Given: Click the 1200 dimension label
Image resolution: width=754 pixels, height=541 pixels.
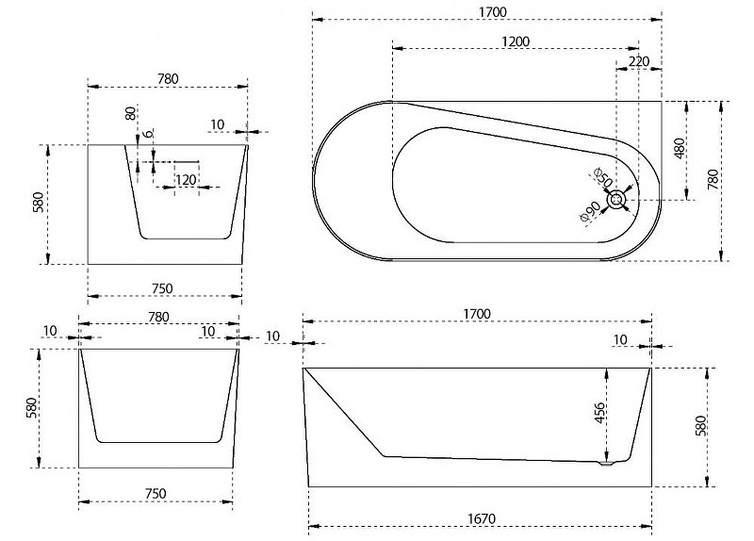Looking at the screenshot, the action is (x=515, y=41).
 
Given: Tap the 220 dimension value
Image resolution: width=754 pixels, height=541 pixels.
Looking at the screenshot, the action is (x=639, y=61).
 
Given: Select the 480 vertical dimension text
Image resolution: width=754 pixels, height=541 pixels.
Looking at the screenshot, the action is (x=679, y=149).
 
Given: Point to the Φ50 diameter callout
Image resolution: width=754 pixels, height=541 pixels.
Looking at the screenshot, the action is (x=603, y=177).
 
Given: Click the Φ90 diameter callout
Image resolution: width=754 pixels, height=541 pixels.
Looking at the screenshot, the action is (x=591, y=211).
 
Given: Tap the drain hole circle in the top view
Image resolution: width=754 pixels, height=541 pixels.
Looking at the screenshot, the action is (x=616, y=200).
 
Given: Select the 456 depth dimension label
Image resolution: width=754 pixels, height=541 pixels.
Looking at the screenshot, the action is (x=599, y=413).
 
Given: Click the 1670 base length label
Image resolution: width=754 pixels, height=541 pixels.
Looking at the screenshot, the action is (x=482, y=519).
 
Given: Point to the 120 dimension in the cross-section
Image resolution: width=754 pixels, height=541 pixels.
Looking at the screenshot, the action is (x=186, y=180).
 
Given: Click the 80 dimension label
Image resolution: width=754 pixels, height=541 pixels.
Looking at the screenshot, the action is (x=130, y=113).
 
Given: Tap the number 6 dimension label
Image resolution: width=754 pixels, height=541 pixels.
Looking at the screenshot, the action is (x=149, y=133).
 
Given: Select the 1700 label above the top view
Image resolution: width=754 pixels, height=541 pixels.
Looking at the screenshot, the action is (x=493, y=12).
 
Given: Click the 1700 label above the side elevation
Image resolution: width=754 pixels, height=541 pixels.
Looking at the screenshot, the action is (x=477, y=314).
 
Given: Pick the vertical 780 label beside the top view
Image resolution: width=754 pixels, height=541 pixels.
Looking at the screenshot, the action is (x=713, y=179).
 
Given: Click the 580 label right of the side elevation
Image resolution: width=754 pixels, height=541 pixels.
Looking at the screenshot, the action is (x=701, y=426).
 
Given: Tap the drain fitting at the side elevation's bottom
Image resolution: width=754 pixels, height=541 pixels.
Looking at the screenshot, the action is (x=606, y=464).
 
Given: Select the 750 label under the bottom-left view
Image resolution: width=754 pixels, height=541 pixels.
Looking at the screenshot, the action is (x=156, y=493).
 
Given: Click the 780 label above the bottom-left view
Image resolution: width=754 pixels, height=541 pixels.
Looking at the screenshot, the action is (x=158, y=317).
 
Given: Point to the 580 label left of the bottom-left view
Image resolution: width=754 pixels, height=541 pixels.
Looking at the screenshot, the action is (x=31, y=408).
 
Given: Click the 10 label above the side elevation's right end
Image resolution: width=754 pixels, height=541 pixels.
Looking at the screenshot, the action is (x=620, y=339).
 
